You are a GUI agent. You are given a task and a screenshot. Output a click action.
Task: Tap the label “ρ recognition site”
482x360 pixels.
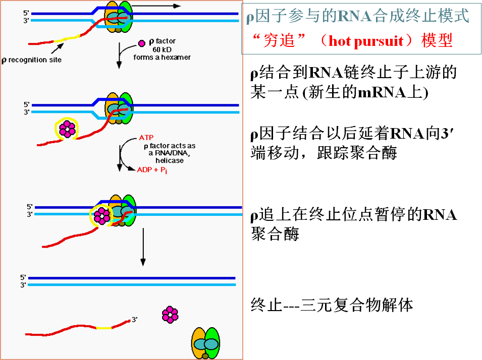[32, 60]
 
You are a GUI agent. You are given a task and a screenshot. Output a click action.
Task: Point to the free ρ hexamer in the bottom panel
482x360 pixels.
[170, 315]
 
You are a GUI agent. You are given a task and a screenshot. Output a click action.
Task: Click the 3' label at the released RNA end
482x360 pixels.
[134, 319]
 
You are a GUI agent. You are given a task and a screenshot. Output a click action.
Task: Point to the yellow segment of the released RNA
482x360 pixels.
[103, 328]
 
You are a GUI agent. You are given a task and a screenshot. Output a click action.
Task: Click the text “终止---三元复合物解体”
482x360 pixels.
[332, 305]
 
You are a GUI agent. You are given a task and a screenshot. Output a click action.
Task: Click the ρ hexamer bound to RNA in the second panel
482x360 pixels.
[66, 130]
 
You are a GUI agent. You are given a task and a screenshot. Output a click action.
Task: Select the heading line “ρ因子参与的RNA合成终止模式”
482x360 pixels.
[357, 17]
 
